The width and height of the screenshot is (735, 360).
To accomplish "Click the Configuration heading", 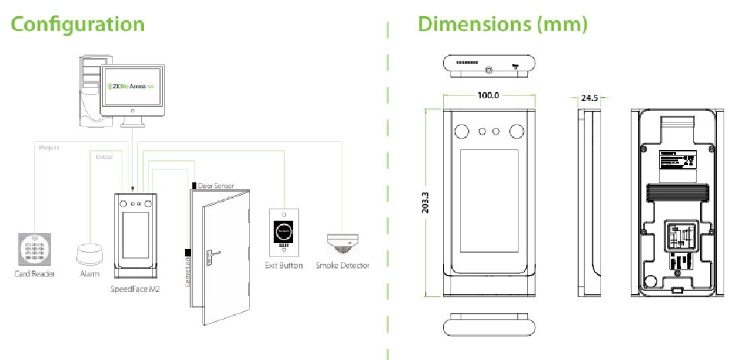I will tap(78, 24).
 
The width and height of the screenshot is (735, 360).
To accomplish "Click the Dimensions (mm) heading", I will tap(503, 24).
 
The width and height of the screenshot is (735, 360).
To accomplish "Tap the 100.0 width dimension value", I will tap(488, 96).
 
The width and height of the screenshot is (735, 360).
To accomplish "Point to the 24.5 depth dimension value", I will tap(590, 98).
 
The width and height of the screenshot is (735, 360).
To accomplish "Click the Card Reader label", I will tap(34, 274).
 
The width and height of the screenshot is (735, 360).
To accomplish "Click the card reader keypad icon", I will tap(34, 249).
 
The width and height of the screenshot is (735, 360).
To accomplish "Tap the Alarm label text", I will tap(89, 274).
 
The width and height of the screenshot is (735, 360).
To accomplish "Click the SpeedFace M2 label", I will tap(134, 289).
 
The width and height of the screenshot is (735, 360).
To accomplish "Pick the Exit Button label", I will tap(284, 266).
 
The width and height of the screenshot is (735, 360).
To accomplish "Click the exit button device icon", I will tap(284, 233).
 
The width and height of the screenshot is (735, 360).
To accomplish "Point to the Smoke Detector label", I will tap(343, 266).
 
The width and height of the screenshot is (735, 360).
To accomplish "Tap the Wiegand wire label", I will tap(48, 146).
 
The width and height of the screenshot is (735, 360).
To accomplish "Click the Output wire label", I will tap(104, 156).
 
